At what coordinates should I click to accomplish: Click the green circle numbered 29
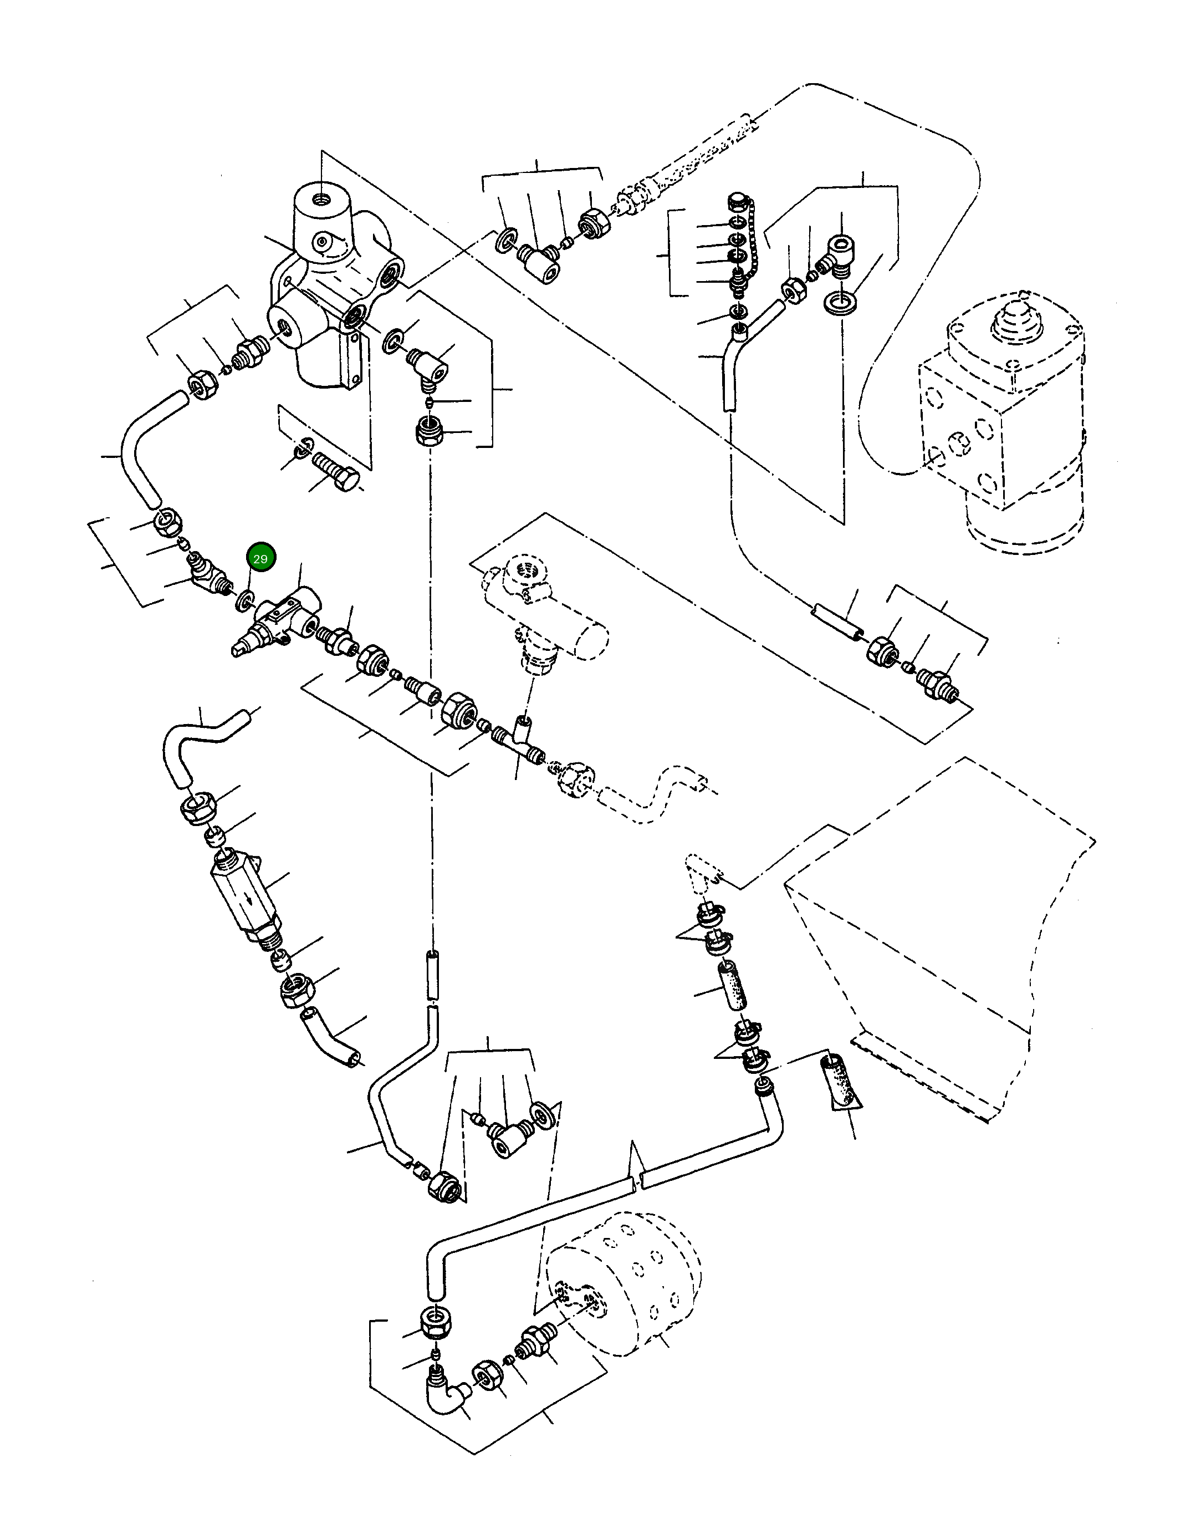pyautogui.click(x=260, y=558)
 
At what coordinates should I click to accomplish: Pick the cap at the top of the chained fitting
pyautogui.click(x=736, y=200)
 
